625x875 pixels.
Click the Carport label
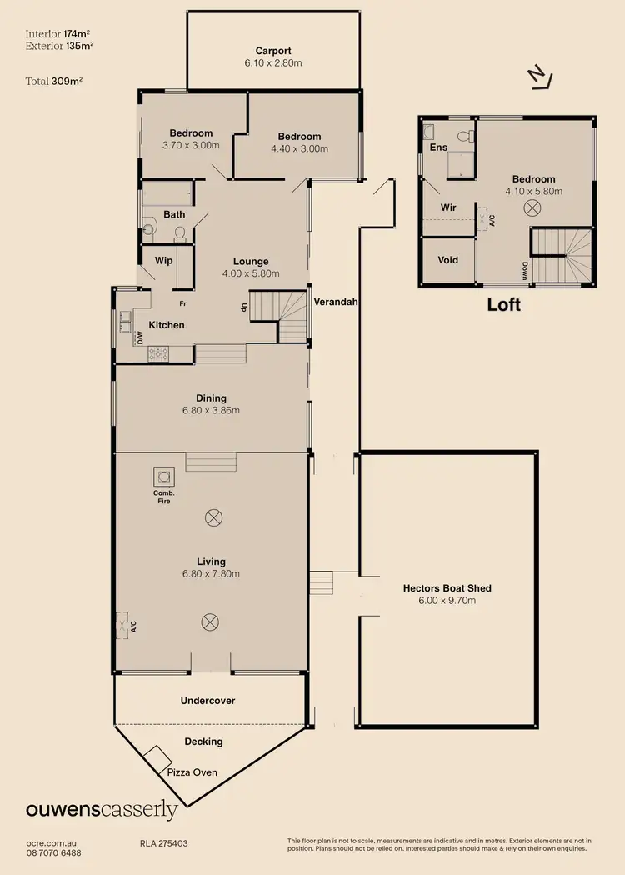[x=273, y=51]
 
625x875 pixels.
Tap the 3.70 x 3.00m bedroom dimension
[x=191, y=145]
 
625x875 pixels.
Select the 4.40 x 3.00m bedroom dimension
[x=299, y=148]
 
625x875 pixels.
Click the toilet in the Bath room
[x=150, y=226]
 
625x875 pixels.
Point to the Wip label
[x=164, y=260]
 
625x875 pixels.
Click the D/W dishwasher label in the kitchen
[x=140, y=338]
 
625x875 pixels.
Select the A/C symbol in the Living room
[x=127, y=623]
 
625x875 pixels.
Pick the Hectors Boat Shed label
[x=447, y=588]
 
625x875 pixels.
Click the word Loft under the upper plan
[x=503, y=305]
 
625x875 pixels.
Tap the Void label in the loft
[x=448, y=260]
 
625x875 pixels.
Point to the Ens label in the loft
[x=438, y=147]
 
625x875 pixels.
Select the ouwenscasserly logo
[x=102, y=809]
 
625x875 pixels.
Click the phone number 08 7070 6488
[x=54, y=852]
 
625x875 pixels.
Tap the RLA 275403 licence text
[x=163, y=843]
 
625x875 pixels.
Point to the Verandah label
[x=335, y=302]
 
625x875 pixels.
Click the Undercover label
[x=207, y=701]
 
